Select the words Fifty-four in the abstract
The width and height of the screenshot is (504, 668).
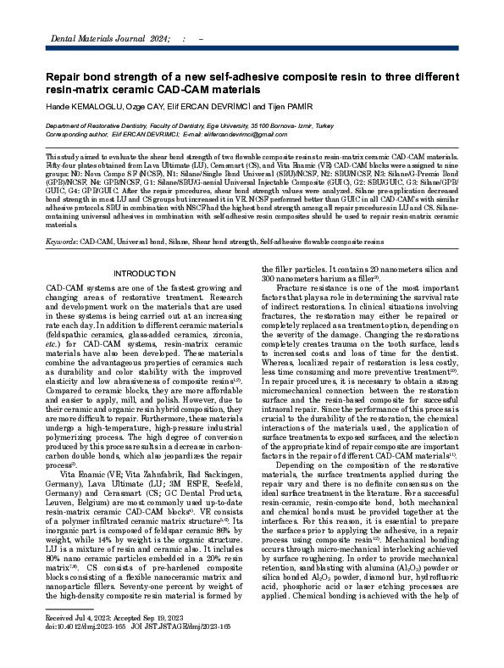click(x=60, y=166)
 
